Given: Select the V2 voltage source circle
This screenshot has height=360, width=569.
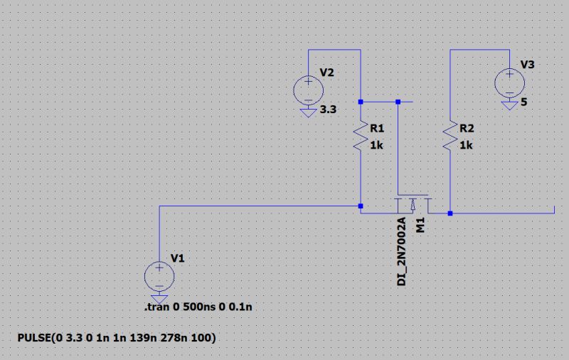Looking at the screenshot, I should point(308,90).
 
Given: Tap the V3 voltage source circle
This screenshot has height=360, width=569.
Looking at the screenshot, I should point(509,82).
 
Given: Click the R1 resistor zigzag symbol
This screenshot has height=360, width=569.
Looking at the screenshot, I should point(361,137).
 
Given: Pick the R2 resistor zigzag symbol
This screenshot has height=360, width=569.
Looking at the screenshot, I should point(450,137).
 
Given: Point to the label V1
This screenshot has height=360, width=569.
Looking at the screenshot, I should point(177,258).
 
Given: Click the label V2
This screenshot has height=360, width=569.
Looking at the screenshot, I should point(327,73).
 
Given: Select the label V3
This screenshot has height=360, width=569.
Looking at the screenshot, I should point(528,65).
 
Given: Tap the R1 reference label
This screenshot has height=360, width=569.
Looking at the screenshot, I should point(377,129).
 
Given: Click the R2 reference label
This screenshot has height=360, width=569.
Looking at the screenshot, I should point(467,129).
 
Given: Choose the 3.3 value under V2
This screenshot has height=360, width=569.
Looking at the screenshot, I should point(328,111).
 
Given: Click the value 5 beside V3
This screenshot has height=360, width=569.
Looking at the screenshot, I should point(524,102).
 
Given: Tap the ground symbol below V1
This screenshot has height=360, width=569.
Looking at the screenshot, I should point(159,299).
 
